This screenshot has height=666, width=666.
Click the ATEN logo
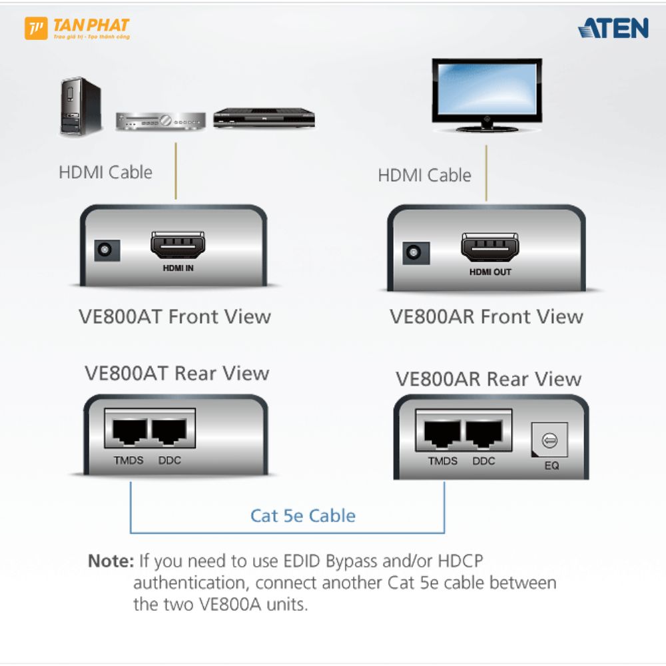click(x=613, y=28)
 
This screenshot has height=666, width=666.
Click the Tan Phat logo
click(x=77, y=29)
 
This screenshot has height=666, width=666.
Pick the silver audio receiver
click(x=161, y=121)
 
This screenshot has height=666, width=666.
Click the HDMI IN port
click(x=178, y=245)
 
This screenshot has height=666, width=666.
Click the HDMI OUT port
click(x=490, y=247)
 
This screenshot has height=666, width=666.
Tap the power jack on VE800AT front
click(x=107, y=250)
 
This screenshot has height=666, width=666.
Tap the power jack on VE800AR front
click(x=416, y=252)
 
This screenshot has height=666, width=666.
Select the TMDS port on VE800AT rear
click(x=130, y=431)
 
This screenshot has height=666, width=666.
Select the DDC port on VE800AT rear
click(x=169, y=431)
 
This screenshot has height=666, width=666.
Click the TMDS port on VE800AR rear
click(x=442, y=434)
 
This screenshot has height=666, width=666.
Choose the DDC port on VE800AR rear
click(x=484, y=434)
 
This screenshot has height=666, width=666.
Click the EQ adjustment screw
click(x=549, y=440)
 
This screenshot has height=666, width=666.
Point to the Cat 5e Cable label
click(x=303, y=515)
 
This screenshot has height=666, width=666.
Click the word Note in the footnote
click(x=111, y=561)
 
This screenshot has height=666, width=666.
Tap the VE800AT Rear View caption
click(x=177, y=374)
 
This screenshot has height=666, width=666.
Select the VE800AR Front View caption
click(x=487, y=316)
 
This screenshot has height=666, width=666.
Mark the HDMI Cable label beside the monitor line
click(x=425, y=175)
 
